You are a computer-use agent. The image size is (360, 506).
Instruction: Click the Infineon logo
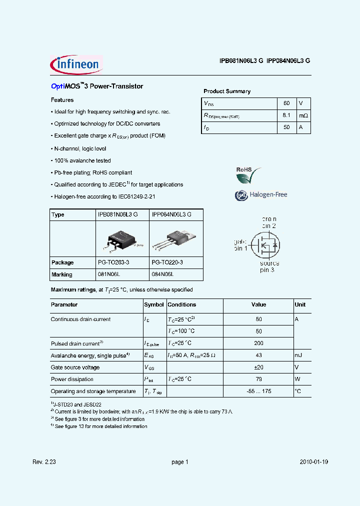click(76, 64)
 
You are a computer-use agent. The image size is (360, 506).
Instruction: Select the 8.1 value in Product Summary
click(286, 115)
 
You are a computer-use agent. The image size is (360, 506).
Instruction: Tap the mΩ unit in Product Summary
click(303, 115)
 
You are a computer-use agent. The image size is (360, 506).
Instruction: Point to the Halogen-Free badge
click(261, 195)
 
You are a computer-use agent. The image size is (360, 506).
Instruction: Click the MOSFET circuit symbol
click(264, 244)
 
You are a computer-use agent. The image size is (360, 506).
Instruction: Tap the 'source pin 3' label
click(269, 266)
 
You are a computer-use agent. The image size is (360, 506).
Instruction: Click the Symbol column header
click(154, 304)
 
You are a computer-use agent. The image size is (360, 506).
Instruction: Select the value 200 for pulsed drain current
click(258, 343)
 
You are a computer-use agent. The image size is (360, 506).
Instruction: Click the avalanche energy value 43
click(258, 355)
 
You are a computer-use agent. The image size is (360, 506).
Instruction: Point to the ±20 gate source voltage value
click(258, 367)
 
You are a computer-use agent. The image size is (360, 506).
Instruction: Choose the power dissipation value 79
click(258, 379)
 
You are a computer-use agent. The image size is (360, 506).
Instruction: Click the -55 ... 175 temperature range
click(258, 391)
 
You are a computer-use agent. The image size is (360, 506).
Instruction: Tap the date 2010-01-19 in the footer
click(314, 462)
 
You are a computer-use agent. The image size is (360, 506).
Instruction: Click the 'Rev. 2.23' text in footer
click(62, 462)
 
